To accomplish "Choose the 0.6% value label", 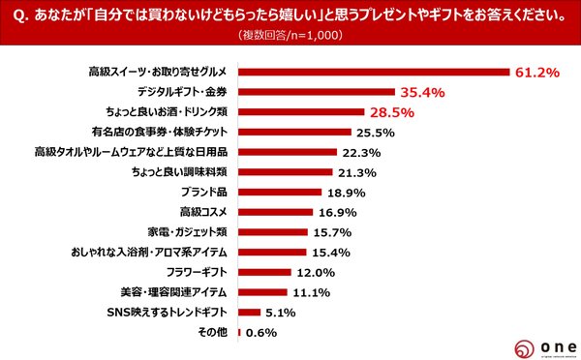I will click(261, 332).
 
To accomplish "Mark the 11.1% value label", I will click(311, 292).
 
